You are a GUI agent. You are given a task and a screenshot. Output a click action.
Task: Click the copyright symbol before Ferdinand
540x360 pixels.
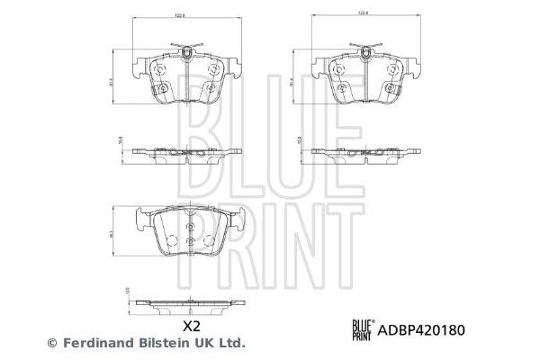click(x=51, y=343)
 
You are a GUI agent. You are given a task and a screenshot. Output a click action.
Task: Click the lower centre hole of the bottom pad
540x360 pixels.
click(x=189, y=242)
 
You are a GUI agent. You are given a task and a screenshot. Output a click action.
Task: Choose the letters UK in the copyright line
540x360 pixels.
click(x=203, y=343)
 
